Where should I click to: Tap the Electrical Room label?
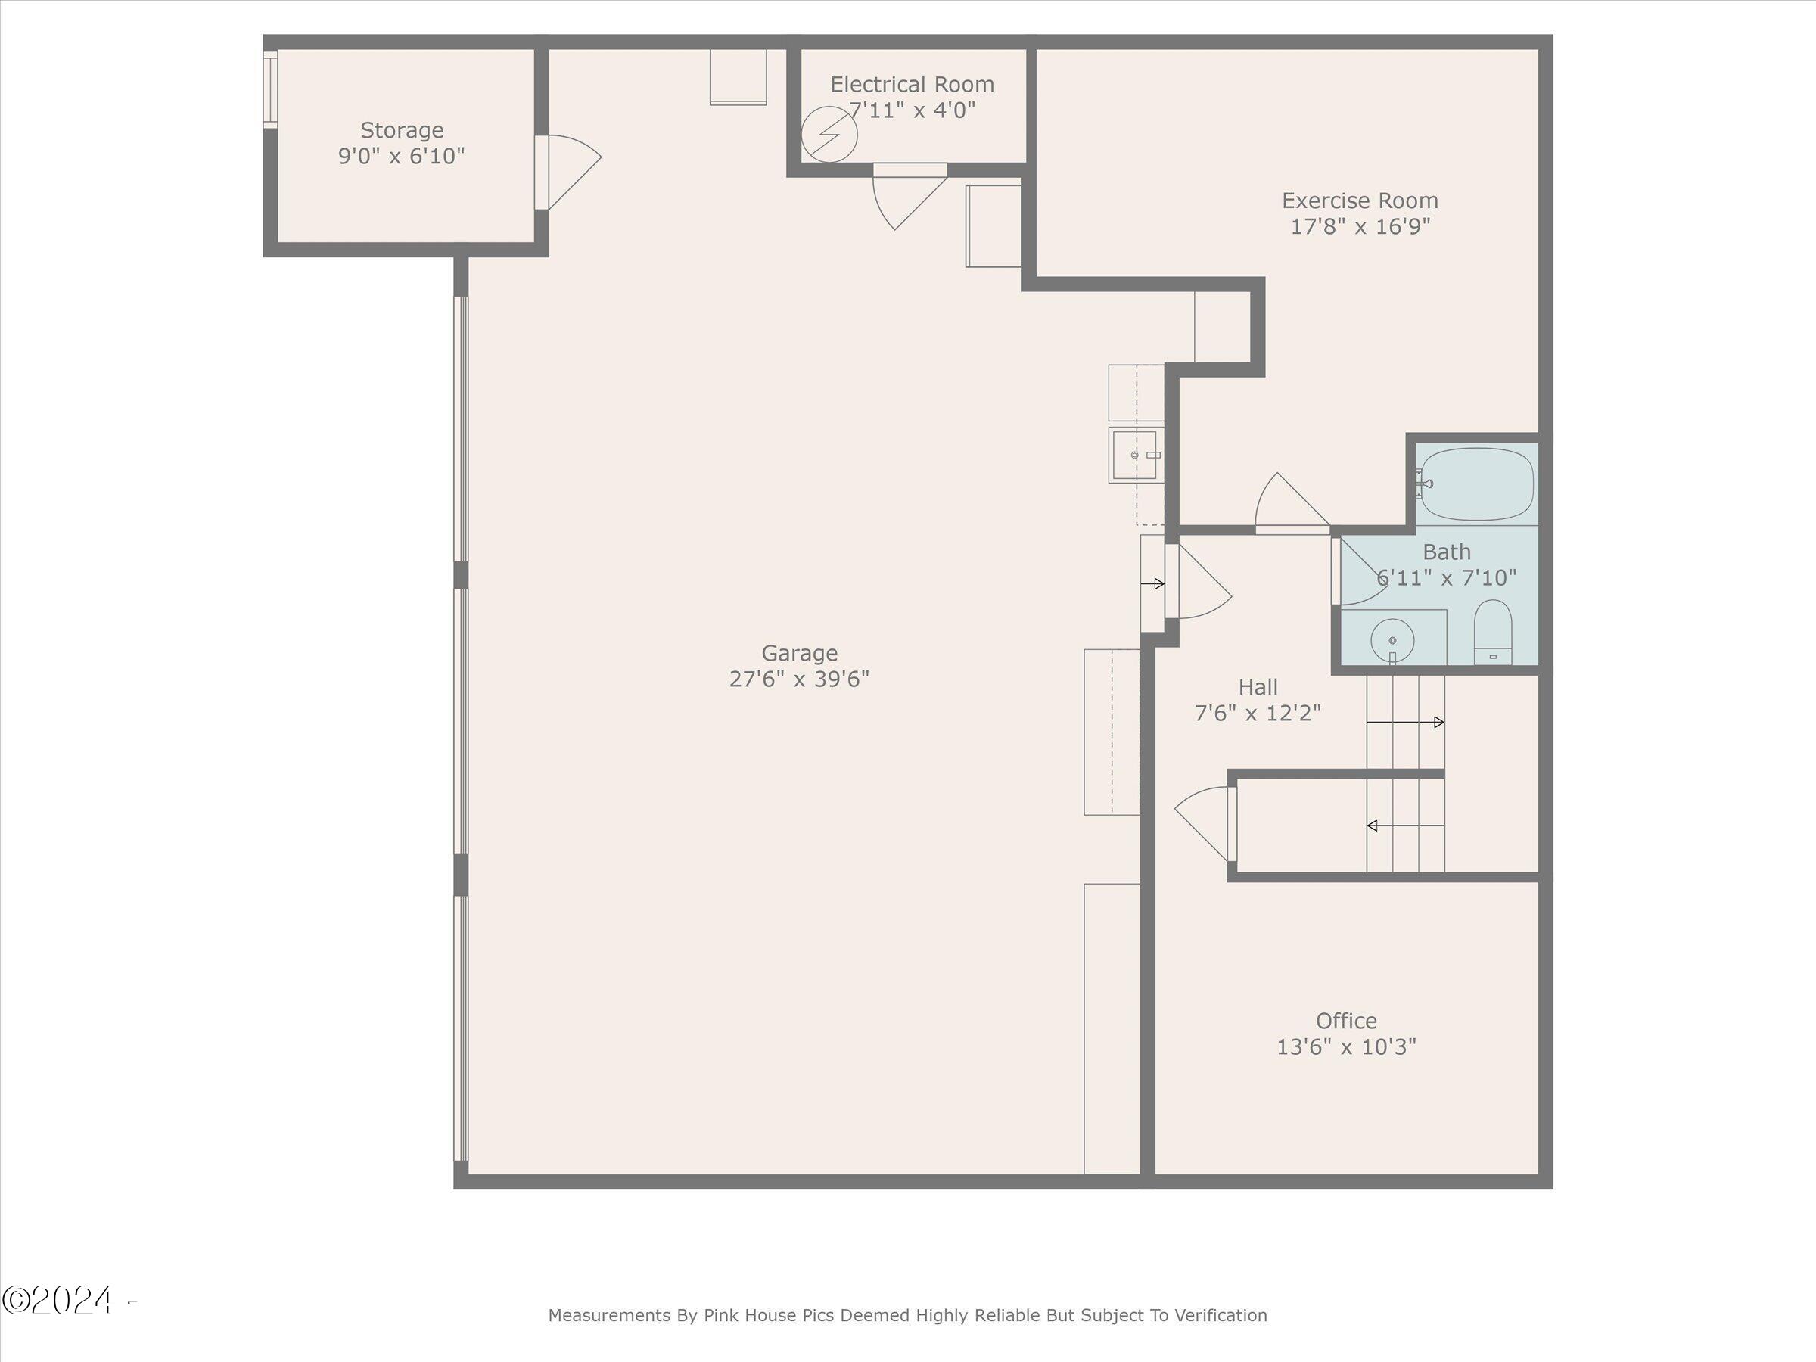pos(912,85)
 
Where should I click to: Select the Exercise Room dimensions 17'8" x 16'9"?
pos(1360,226)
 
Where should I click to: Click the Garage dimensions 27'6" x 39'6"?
pos(799,679)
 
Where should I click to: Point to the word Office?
pos(1346,1021)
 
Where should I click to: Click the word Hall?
pos(1258,686)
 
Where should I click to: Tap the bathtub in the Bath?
pos(1476,484)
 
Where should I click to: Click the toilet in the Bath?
pos(1494,631)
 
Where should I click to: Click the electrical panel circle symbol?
pos(829,134)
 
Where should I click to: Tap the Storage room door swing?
pos(574,172)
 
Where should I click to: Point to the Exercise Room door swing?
pos(1292,501)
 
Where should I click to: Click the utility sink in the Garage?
pos(1136,455)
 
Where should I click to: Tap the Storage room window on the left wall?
pos(270,89)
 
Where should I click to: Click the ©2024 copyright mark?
pos(58,1301)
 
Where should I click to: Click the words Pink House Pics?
pos(769,1315)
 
